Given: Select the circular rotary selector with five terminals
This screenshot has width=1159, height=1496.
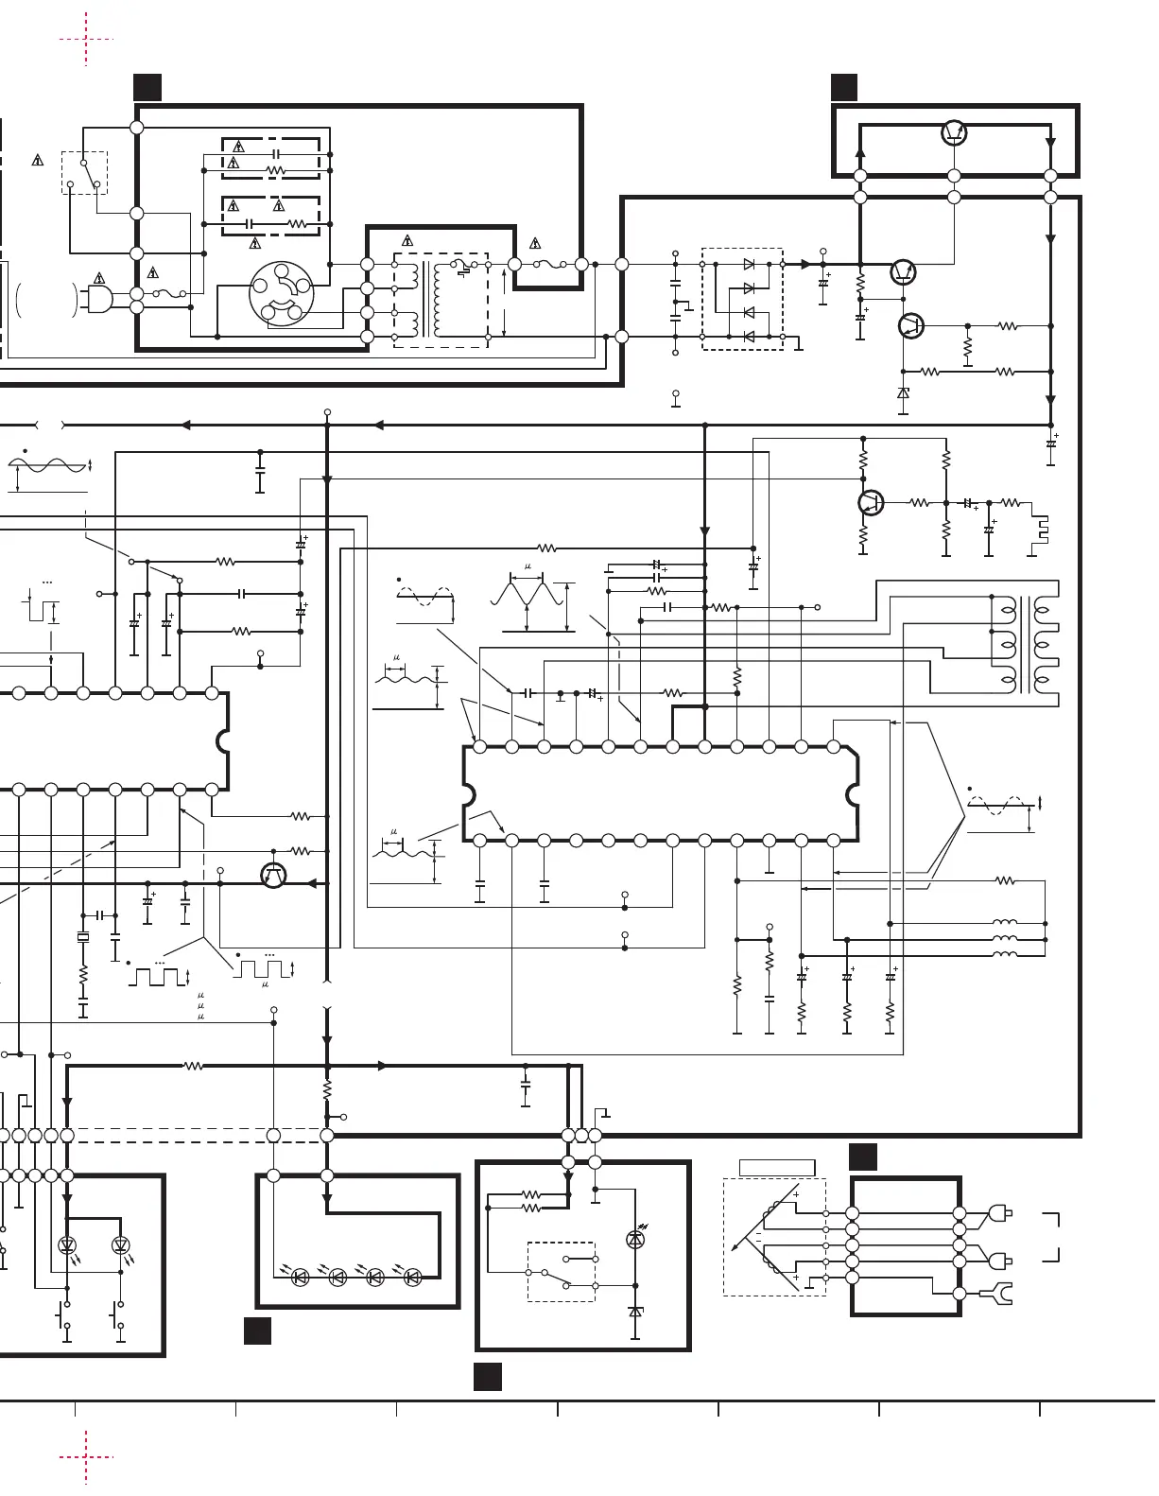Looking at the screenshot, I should (281, 293).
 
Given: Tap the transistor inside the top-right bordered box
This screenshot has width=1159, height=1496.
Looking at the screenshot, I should (954, 133).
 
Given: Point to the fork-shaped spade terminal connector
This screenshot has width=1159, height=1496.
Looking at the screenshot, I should (997, 1293).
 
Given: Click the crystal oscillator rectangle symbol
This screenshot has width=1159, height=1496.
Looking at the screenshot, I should (83, 938).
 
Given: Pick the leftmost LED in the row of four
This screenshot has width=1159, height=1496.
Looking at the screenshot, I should (301, 1278).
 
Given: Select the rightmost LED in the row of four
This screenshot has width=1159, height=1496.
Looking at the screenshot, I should (411, 1278).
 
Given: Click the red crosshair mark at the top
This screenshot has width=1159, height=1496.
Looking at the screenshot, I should (86, 40).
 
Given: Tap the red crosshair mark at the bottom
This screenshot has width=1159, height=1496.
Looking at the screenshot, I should (86, 1456).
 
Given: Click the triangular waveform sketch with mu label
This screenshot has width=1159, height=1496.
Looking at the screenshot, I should (528, 595).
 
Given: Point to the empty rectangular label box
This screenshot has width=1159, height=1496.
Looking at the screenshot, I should (776, 1168).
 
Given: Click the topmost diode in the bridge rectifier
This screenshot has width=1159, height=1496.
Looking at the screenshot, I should (750, 265).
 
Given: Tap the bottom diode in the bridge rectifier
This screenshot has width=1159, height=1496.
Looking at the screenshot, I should (750, 336).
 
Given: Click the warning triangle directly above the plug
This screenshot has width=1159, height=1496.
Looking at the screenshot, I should (99, 278).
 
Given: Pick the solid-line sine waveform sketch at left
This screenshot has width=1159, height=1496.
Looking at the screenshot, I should (47, 465).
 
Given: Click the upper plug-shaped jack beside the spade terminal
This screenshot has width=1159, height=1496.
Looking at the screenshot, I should (1000, 1212).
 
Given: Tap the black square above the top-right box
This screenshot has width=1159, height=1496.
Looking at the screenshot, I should (844, 87).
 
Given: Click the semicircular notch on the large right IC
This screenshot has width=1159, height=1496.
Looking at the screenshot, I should (856, 792).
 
